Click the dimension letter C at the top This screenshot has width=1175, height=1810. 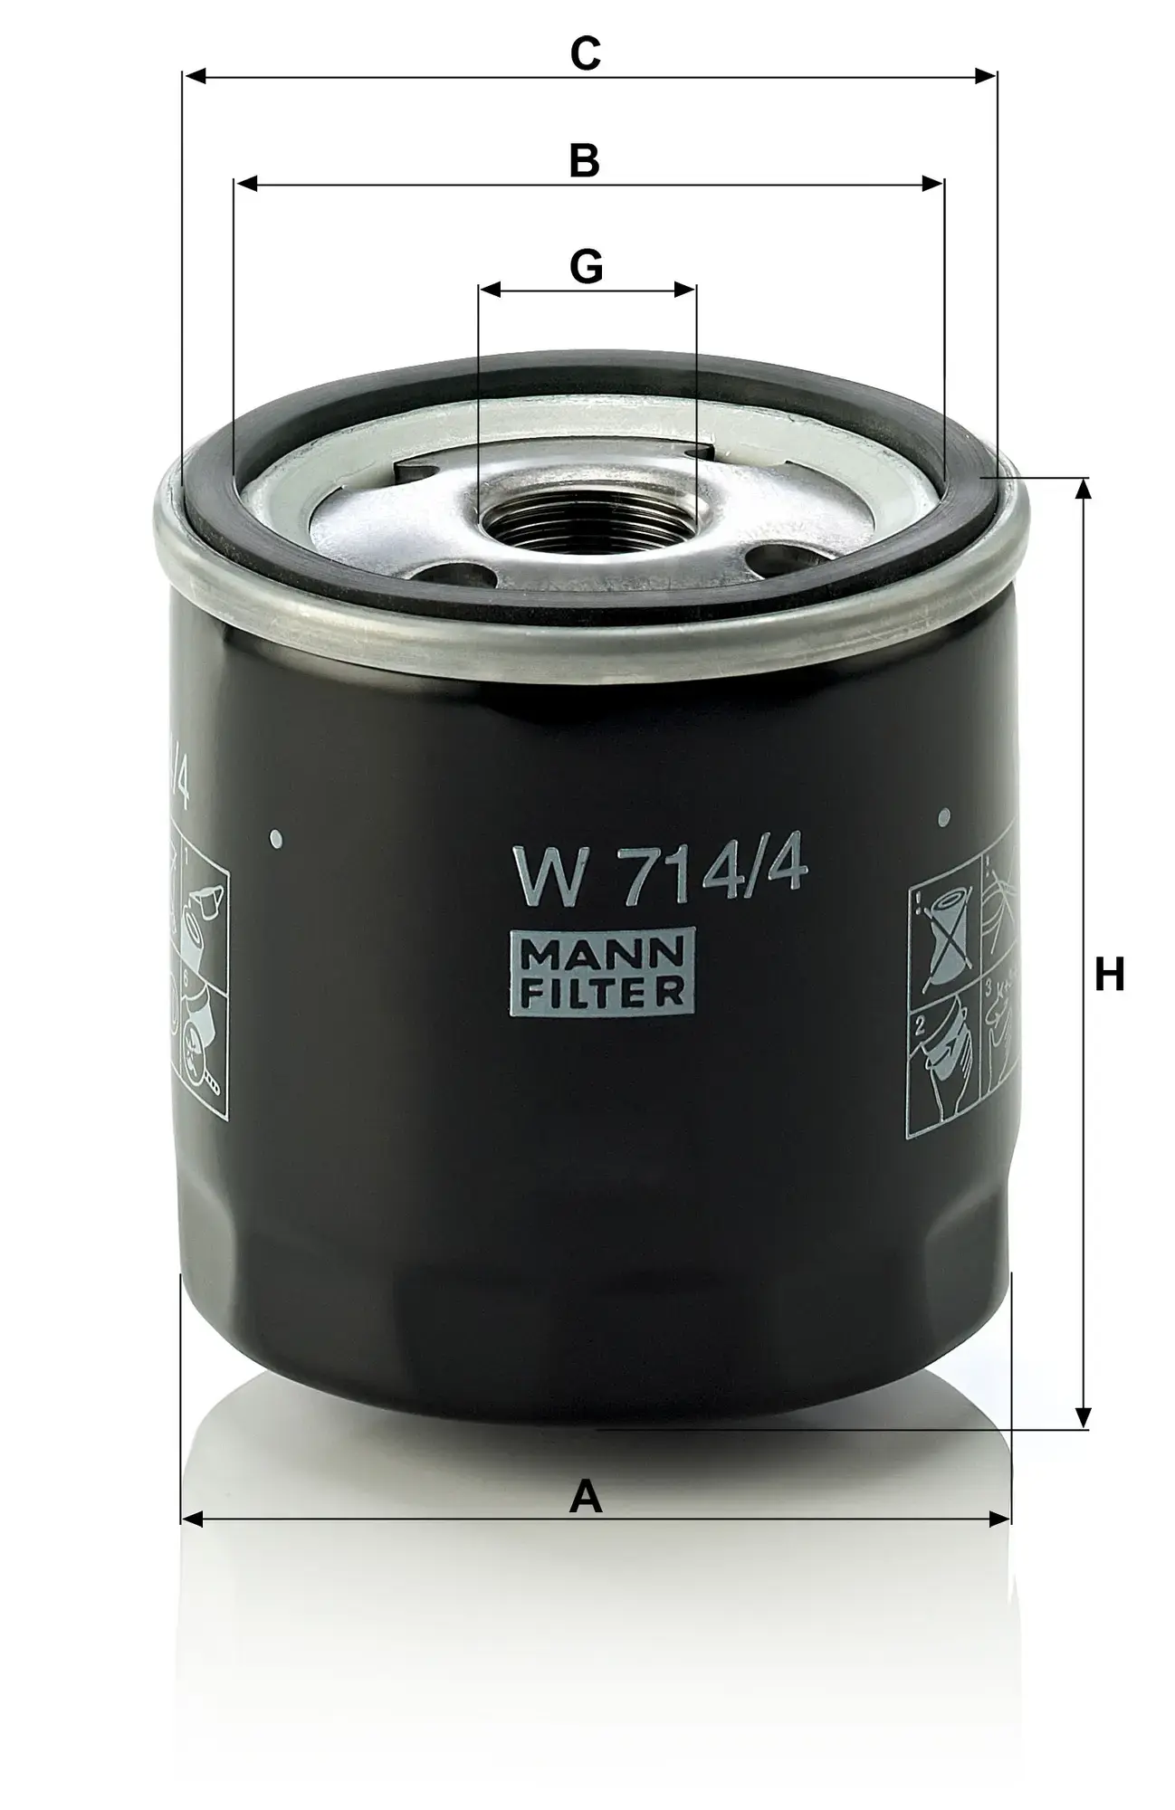pyautogui.click(x=586, y=53)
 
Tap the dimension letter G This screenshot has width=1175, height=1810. pyautogui.click(x=586, y=267)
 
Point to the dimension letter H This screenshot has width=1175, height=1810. pyautogui.click(x=1109, y=975)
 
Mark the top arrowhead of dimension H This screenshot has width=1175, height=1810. pyautogui.click(x=1082, y=488)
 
